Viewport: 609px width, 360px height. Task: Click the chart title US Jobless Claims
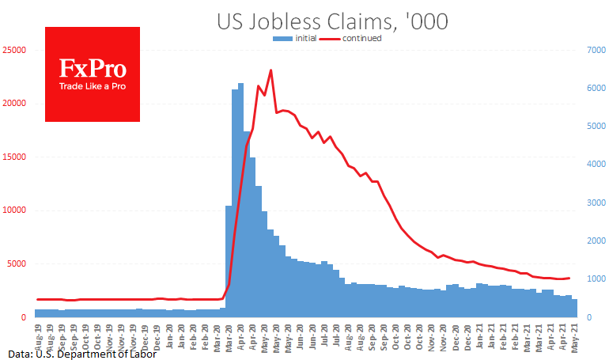tap(332, 22)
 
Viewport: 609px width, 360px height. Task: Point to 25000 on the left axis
tap(16, 50)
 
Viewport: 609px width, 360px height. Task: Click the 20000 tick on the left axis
tap(16, 104)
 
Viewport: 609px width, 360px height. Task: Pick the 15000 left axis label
tap(16, 157)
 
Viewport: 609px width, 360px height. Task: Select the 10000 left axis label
tap(16, 210)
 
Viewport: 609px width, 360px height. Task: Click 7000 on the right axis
tap(596, 50)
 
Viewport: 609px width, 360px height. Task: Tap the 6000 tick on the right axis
tap(596, 88)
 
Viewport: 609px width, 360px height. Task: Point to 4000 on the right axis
tap(596, 165)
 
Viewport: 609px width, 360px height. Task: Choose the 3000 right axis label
tap(596, 203)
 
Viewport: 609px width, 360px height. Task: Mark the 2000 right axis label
tap(596, 241)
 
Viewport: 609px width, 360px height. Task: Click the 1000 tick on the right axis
tap(596, 279)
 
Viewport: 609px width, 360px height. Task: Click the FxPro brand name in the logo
tap(93, 68)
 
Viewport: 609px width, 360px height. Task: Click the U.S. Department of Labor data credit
tap(83, 353)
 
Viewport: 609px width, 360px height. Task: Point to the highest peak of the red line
tap(270, 70)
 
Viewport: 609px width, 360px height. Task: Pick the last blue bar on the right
tap(575, 309)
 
